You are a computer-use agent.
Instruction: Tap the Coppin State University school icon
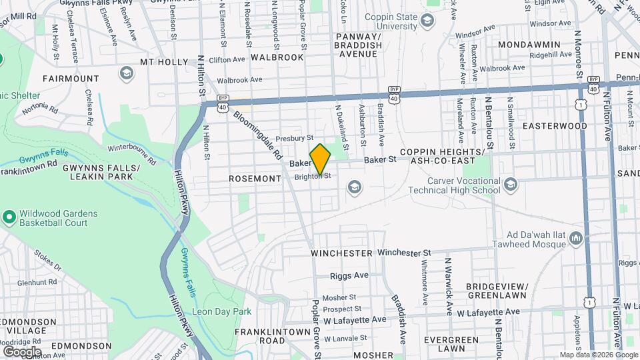[x=427, y=21]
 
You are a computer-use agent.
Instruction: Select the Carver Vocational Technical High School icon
[x=511, y=184]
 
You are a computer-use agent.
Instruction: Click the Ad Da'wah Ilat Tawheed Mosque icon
[x=577, y=238]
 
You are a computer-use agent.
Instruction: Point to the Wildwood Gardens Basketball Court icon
[x=9, y=217]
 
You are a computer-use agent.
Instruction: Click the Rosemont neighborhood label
[x=255, y=179]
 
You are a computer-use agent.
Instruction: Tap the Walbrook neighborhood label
[x=277, y=57]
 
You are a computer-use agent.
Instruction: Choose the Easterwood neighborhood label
[x=555, y=125]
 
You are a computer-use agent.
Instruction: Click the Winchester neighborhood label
[x=341, y=253]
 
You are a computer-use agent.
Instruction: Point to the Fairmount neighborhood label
[x=71, y=78]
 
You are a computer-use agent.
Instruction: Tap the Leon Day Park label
[x=221, y=311]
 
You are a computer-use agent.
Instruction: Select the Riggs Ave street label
[x=349, y=275]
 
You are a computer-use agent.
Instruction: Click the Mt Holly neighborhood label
[x=164, y=62]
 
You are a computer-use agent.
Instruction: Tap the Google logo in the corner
[x=21, y=351]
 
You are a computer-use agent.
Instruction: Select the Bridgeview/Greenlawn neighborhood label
[x=497, y=291]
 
